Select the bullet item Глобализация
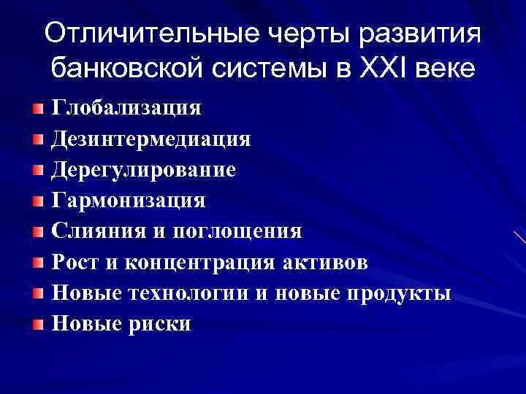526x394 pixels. pos(126,108)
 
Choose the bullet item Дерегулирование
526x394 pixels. pos(143,170)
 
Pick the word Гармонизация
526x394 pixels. pos(129,200)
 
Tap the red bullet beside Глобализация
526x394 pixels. pos(38,109)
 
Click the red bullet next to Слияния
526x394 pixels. pos(38,232)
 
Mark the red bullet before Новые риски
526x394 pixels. pos(38,324)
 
